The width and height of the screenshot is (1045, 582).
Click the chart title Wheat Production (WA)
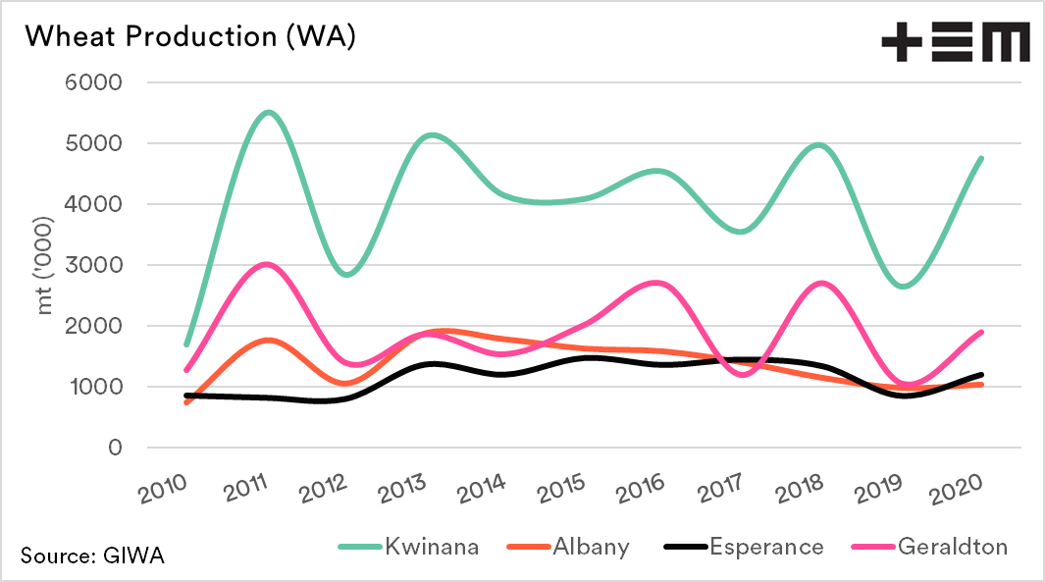click(x=189, y=36)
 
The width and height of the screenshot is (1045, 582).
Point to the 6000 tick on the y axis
click(x=96, y=83)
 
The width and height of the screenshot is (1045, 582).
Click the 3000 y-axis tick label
click(x=96, y=265)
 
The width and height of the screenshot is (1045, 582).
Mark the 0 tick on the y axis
click(x=115, y=448)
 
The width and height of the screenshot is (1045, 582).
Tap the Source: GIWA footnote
click(x=92, y=556)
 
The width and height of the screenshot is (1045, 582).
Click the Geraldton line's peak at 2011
click(x=268, y=265)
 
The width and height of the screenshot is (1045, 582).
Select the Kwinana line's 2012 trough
click(x=346, y=275)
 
